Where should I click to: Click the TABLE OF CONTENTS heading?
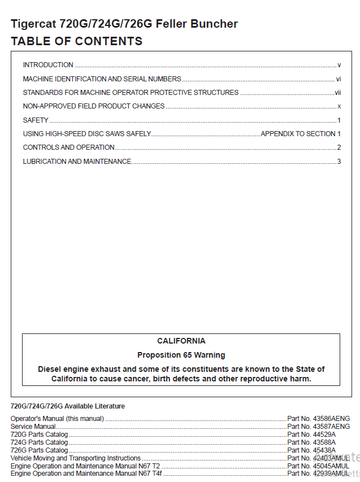pyautogui.click(x=76, y=41)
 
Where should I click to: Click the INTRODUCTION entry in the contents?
pyautogui.click(x=48, y=65)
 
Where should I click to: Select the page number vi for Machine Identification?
pyautogui.click(x=338, y=79)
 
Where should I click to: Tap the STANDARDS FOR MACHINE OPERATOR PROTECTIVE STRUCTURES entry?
pyautogui.click(x=131, y=93)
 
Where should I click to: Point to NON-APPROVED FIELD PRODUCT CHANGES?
pyautogui.click(x=94, y=106)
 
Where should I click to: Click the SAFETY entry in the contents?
pyautogui.click(x=36, y=120)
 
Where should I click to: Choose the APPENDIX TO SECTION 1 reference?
pyautogui.click(x=300, y=134)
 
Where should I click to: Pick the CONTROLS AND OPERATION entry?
pyautogui.click(x=68, y=147)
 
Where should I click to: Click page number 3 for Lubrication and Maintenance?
pyautogui.click(x=339, y=162)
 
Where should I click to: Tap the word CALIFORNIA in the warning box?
pyautogui.click(x=181, y=341)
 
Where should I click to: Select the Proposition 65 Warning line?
pyautogui.click(x=181, y=355)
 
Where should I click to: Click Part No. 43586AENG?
pyautogui.click(x=318, y=419)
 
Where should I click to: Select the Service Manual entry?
pyautogui.click(x=33, y=427)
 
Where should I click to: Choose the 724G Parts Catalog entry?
pyautogui.click(x=40, y=442)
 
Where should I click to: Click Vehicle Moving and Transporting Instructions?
pyautogui.click(x=76, y=458)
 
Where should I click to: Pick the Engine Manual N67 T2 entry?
pyautogui.click(x=85, y=466)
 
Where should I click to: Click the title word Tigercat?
pyautogui.click(x=33, y=24)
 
